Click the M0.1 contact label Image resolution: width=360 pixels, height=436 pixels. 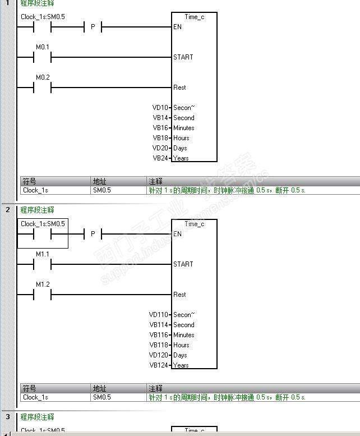43,47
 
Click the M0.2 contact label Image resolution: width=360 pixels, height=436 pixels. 43,77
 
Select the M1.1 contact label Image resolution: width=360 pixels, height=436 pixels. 43,254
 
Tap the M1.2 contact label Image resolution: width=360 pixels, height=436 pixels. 43,284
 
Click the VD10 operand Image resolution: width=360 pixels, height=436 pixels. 160,108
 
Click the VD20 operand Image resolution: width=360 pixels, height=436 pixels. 160,148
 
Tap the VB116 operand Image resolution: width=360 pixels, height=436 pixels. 158,335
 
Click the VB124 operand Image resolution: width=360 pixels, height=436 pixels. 158,365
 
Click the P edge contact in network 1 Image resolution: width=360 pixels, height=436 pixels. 93,27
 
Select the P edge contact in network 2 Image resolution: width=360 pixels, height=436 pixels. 93,234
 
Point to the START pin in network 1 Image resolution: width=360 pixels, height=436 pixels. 183,57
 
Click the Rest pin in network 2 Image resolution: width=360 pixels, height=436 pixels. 180,295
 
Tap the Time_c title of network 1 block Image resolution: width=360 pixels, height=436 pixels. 195,17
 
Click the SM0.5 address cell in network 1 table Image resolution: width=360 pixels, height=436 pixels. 101,190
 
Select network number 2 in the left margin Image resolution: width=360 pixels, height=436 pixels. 8,210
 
